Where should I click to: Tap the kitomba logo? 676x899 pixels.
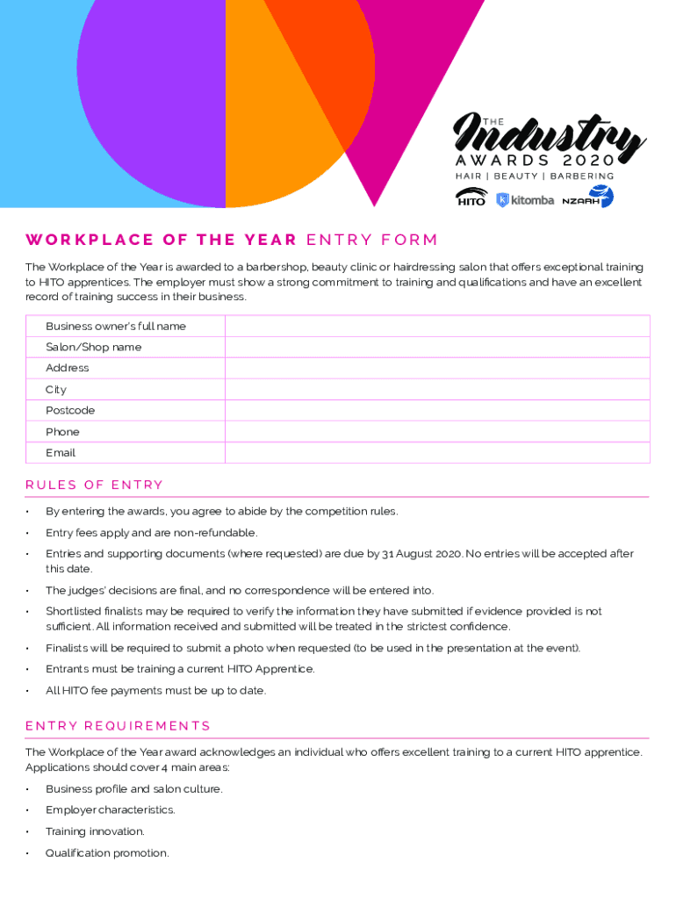click(x=525, y=200)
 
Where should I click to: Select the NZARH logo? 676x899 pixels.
click(x=587, y=198)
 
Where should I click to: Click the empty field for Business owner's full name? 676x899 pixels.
click(x=437, y=327)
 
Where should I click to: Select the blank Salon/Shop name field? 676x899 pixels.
click(x=437, y=348)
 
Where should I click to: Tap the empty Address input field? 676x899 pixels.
click(x=437, y=369)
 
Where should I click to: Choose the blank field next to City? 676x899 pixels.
click(x=437, y=390)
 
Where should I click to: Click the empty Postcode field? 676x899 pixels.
click(x=437, y=411)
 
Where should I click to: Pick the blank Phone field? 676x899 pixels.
click(x=437, y=432)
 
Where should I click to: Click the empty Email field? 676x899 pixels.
click(x=437, y=453)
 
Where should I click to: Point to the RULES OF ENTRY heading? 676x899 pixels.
click(x=94, y=485)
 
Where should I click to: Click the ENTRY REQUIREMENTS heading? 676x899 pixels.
click(x=118, y=726)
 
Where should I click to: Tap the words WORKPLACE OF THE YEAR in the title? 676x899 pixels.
click(x=161, y=241)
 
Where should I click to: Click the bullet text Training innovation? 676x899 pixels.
click(x=95, y=831)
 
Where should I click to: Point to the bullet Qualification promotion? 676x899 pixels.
click(x=107, y=853)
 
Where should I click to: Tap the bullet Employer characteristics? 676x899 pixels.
click(x=110, y=810)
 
